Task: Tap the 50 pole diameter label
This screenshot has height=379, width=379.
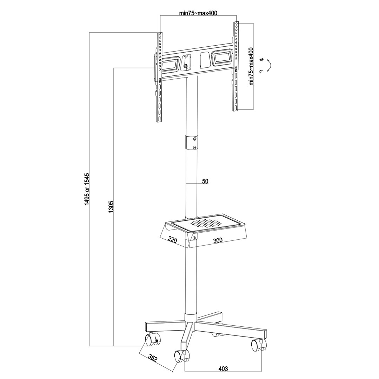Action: click(205, 181)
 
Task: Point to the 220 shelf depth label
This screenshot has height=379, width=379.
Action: click(172, 240)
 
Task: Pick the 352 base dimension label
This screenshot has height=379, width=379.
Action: click(152, 358)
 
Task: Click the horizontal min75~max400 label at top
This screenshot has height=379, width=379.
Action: click(198, 13)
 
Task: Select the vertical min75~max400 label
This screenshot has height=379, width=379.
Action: click(251, 67)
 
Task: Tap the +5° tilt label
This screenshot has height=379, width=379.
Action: click(261, 60)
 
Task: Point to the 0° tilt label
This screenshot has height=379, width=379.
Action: click(261, 71)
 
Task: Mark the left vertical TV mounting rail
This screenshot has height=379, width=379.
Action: click(160, 77)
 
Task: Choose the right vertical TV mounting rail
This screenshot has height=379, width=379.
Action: click(236, 67)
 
